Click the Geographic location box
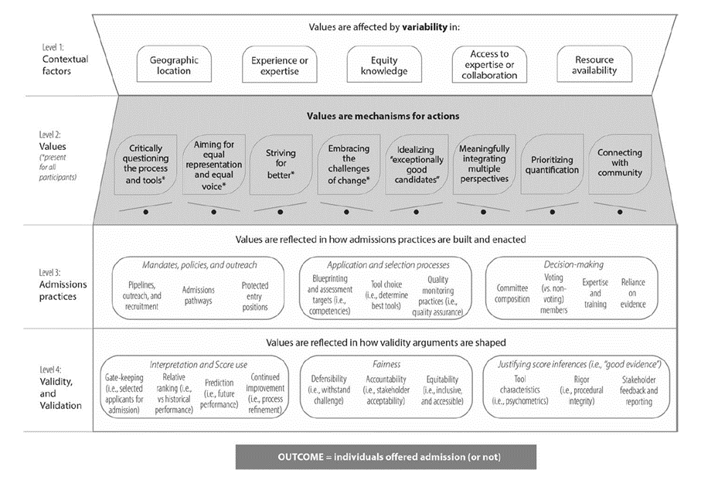pos(174,64)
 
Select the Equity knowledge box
pos(384,64)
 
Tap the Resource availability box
pos(594,64)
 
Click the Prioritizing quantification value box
pos(552,165)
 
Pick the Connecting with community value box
pos(620,165)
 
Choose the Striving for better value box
pos(281,165)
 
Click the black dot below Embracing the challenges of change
pos(346,212)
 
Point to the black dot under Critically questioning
pos(146,212)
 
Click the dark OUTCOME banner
pos(386,457)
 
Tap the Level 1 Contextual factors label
pos(65,59)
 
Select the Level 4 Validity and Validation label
pos(60,387)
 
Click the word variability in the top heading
pos(424,27)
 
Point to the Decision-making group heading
pos(573,264)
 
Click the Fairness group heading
pos(386,364)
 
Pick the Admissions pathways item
pos(198,295)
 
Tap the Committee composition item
pos(512,294)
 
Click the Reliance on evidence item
pos(633,293)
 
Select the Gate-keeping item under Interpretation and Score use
pos(124,393)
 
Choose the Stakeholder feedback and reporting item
pos(639,390)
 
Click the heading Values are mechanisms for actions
pos(383,116)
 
